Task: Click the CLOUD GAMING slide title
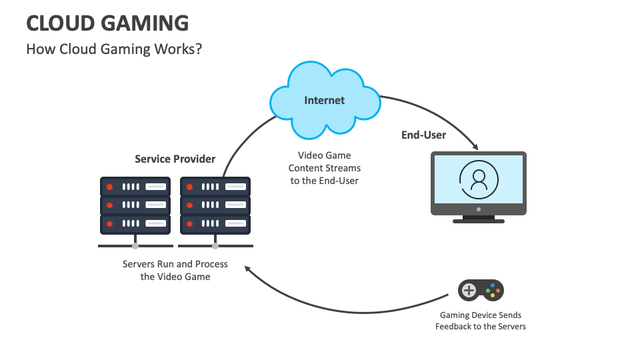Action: (107, 23)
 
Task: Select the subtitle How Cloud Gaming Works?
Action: (114, 49)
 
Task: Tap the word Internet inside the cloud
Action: (325, 101)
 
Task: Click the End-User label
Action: (423, 135)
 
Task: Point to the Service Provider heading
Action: (175, 159)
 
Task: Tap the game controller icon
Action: (481, 290)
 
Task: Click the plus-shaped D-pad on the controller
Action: (469, 290)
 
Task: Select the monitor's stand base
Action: (478, 220)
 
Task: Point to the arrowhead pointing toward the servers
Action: (248, 269)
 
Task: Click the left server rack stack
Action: (135, 205)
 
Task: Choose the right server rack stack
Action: (215, 205)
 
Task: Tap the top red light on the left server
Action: (111, 186)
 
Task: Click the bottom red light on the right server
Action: (190, 223)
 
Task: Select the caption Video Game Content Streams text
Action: (325, 168)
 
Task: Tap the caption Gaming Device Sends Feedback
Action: (481, 321)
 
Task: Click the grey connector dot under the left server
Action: (135, 245)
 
